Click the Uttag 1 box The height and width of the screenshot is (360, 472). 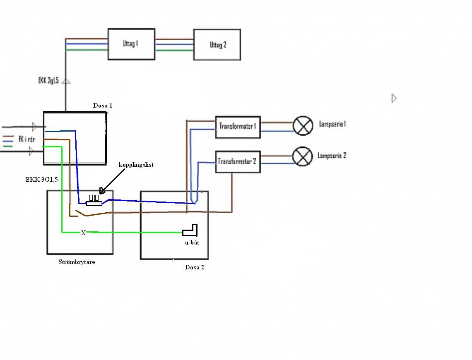(131, 44)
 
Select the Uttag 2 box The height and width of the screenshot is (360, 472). (217, 45)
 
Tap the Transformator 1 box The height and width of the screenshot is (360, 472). (238, 127)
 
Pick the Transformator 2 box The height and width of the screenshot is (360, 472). (238, 161)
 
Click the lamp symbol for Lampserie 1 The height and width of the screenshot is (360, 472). (303, 125)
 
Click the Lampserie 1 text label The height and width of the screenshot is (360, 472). (332, 124)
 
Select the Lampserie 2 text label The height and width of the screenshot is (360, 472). (332, 156)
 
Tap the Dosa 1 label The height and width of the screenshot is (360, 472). (103, 106)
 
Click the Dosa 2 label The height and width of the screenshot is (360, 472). (194, 267)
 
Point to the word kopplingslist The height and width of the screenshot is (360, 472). (136, 165)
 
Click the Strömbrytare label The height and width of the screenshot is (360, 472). (77, 262)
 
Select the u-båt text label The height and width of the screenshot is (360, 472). (192, 242)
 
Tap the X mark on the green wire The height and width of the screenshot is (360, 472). (83, 233)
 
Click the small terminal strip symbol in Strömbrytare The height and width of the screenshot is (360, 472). (94, 201)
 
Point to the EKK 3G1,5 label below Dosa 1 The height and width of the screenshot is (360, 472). (41, 180)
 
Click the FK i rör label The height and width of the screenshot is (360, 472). (27, 139)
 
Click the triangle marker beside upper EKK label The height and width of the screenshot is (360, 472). (66, 82)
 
